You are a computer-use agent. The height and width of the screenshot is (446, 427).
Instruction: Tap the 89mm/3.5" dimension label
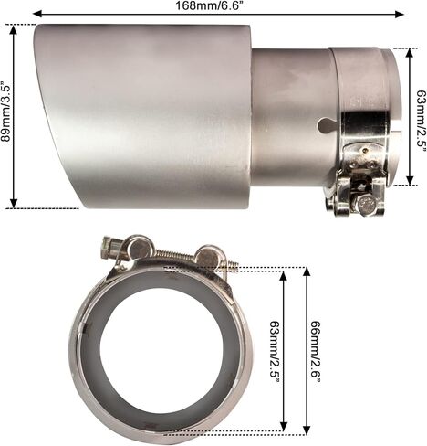coord(5,111)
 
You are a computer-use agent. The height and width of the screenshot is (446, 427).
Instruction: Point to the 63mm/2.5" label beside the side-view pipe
coord(422,118)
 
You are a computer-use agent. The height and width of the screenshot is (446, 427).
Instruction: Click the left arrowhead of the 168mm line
coord(37,14)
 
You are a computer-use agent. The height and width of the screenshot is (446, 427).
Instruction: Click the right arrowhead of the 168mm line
coord(400,14)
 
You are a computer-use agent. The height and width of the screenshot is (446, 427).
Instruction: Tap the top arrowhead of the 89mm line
coord(14,29)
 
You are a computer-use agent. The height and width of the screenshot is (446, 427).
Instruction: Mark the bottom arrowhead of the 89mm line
coord(14,204)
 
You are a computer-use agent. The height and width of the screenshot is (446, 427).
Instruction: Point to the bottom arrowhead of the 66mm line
coord(307,430)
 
